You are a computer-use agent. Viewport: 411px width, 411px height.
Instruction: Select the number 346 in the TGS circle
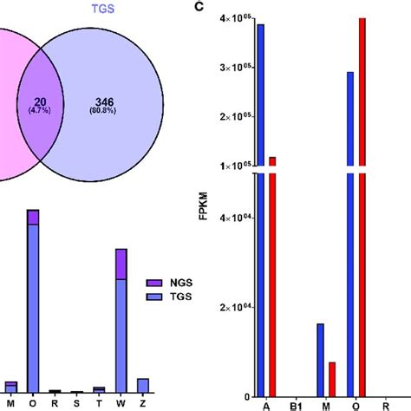pos(116,102)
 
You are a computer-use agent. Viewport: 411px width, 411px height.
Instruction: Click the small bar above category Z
pos(143,385)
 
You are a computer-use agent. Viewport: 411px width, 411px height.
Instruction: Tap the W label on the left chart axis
pos(121,402)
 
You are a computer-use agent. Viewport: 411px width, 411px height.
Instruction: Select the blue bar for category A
pos(260,208)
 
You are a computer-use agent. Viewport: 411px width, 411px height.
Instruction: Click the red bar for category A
pos(272,277)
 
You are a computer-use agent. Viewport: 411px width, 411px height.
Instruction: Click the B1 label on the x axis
pos(296,403)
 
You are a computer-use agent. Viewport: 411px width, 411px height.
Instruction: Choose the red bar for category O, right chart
pos(362,208)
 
